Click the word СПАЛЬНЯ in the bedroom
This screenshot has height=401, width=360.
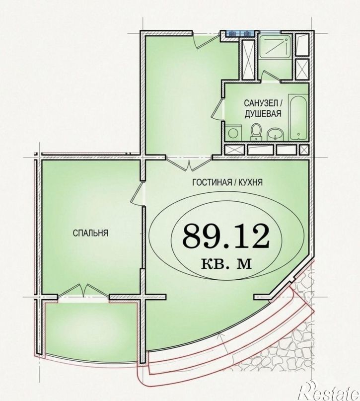[90, 233]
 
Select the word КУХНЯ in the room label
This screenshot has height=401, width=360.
[249, 182]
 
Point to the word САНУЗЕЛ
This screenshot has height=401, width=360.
[260, 103]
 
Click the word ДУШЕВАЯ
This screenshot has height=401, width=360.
[263, 113]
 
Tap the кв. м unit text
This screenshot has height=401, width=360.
[226, 263]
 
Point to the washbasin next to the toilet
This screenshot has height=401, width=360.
[276, 134]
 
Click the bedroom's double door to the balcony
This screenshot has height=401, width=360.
[84, 291]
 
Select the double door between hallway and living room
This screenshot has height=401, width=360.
[189, 163]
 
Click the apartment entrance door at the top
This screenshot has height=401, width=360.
[207, 40]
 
